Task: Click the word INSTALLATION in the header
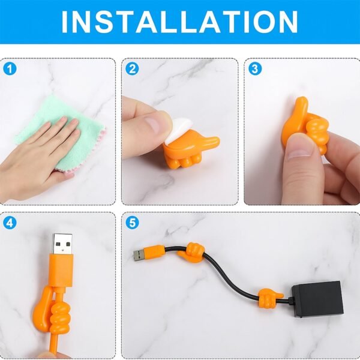[x=179, y=22]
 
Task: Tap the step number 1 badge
[x=9, y=68]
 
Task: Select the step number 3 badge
[x=255, y=68]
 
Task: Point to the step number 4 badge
[x=9, y=223]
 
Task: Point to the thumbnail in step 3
[x=298, y=146]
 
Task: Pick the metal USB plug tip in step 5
[x=140, y=255]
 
